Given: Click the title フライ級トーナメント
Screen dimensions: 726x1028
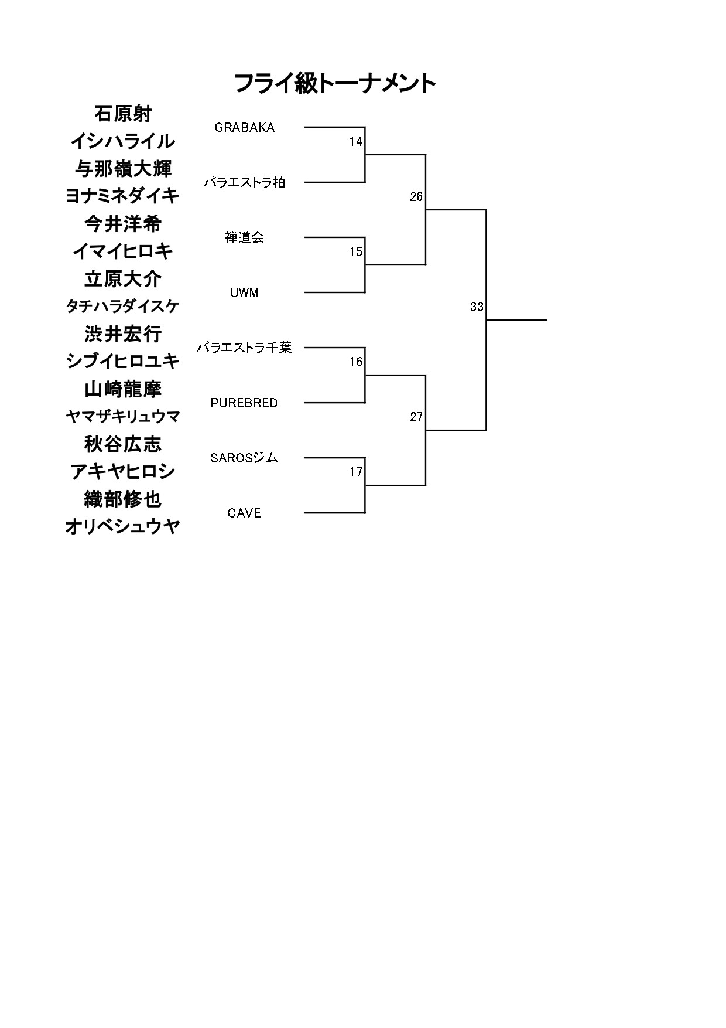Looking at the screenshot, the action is pos(335,83).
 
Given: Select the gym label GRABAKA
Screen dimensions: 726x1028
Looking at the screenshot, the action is pos(245,128).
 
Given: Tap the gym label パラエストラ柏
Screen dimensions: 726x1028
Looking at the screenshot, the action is pos(245,182).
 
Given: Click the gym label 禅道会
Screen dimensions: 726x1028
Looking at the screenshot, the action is pos(245,237).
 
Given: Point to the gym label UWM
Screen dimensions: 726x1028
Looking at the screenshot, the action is pos(245,293).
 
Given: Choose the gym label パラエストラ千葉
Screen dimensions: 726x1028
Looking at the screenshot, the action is pos(244,348).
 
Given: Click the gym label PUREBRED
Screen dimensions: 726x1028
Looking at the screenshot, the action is pos(244,403).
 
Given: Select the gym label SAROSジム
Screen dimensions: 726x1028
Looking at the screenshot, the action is pos(244,458).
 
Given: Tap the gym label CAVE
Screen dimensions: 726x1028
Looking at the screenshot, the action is pos(244,513).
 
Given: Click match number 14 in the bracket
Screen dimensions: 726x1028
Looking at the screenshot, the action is pos(356,142).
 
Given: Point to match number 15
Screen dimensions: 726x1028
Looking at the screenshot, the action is pos(356,252).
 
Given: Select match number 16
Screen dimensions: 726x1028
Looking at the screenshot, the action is pos(356,362).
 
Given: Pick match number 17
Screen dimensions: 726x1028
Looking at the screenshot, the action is pos(356,472).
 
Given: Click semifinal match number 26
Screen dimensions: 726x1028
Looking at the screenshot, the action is pos(416,197).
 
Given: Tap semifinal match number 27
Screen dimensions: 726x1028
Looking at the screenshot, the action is pos(416,417).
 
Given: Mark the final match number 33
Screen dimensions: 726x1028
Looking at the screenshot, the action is pos(477,307).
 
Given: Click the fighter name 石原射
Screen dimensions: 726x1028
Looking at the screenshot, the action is pos(123,114).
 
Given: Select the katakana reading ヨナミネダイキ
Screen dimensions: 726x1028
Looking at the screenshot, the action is pos(122,196).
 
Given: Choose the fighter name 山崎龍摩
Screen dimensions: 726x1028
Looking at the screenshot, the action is pos(123,389).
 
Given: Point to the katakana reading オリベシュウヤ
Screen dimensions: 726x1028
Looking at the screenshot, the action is pos(122,527).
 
